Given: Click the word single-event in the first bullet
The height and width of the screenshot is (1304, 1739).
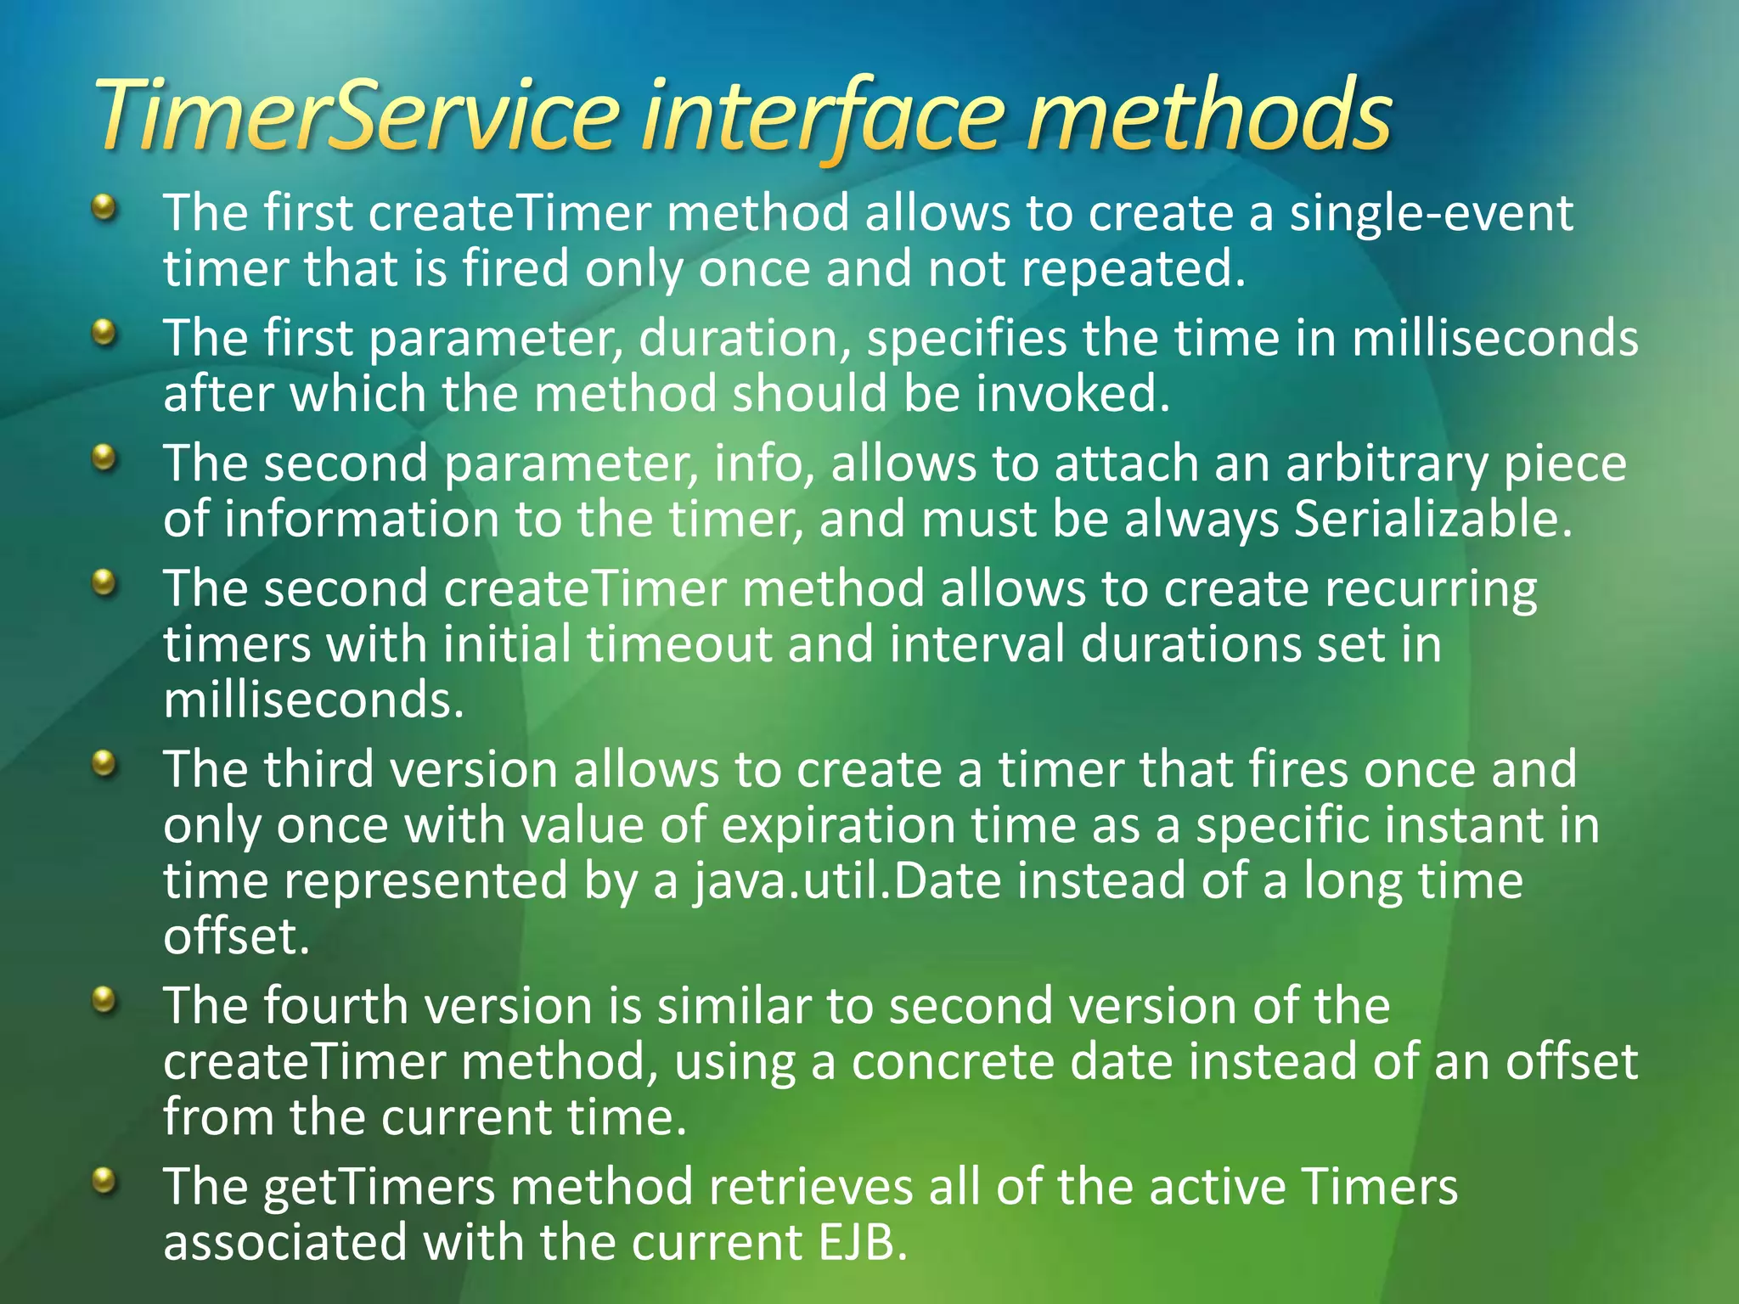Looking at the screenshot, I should pos(1431,212).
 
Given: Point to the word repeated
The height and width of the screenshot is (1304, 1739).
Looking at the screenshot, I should pos(1133,269).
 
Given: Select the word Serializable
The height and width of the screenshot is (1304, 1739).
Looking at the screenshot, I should pos(1433,519).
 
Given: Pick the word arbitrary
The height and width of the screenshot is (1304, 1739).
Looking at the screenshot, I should pos(1387,464).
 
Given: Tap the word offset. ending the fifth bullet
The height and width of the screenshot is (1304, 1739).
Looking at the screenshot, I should pos(237,936).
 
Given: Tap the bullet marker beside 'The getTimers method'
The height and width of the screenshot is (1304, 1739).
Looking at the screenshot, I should pos(104,1180).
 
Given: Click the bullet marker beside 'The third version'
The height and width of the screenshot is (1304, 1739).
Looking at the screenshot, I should pos(104,762).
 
